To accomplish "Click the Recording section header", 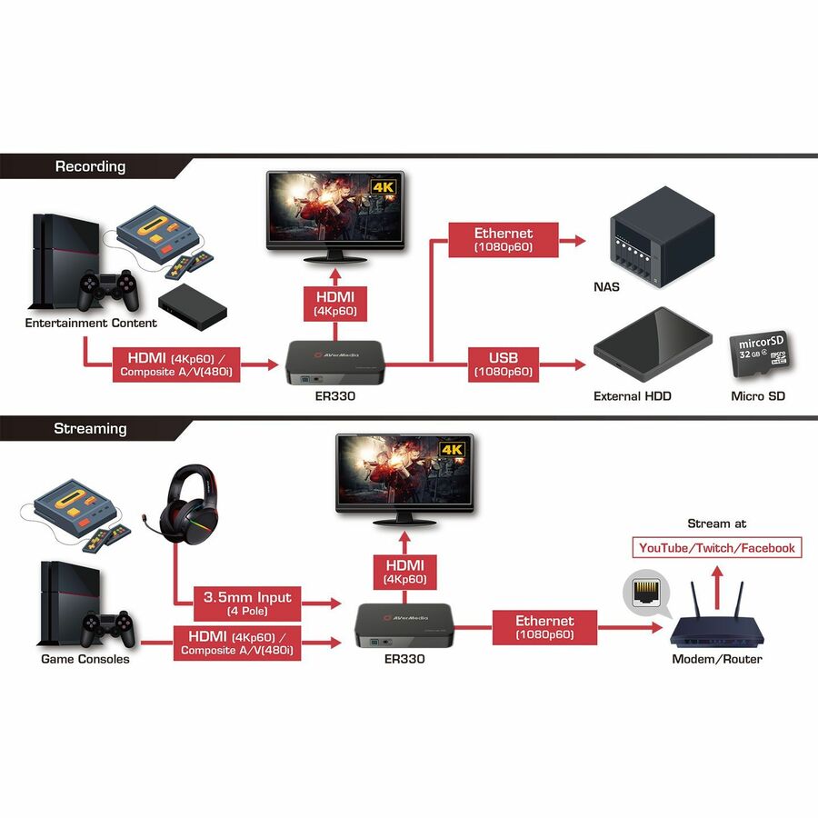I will pos(90,166).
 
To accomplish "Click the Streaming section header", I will pos(90,428).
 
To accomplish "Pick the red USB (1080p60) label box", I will pos(503,364).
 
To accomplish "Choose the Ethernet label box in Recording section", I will pos(503,240).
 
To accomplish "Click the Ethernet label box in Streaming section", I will pos(545,627).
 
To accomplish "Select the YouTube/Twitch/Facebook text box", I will pos(717,547).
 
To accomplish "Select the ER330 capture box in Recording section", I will pos(337,361).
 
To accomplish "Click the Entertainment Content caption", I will pos(91,323).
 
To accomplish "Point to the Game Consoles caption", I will pos(85,659).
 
